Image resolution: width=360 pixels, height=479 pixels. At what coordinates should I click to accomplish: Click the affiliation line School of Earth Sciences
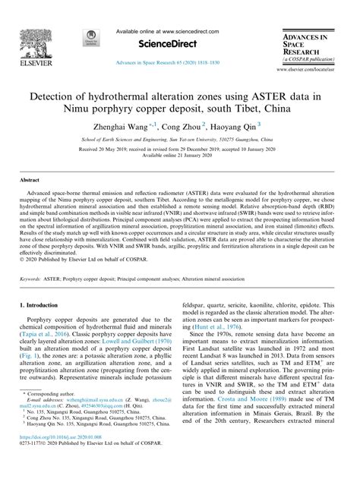coord(179,140)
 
